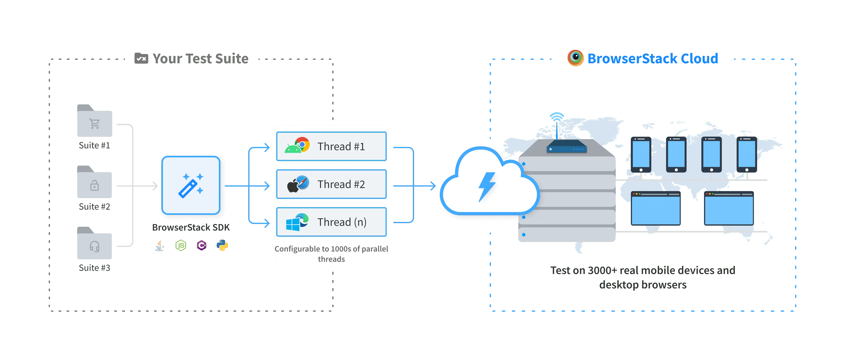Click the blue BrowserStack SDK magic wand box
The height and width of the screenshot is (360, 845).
[x=191, y=186]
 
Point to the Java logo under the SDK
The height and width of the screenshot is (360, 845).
[x=160, y=246]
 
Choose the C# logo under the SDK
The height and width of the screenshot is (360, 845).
[x=201, y=246]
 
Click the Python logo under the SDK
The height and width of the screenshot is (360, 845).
[x=222, y=246]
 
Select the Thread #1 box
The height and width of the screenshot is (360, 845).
[x=331, y=146]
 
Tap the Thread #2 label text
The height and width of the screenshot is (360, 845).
[x=341, y=184]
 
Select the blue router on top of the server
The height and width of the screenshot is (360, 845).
[x=567, y=147]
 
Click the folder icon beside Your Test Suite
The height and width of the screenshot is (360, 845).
[x=141, y=58]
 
